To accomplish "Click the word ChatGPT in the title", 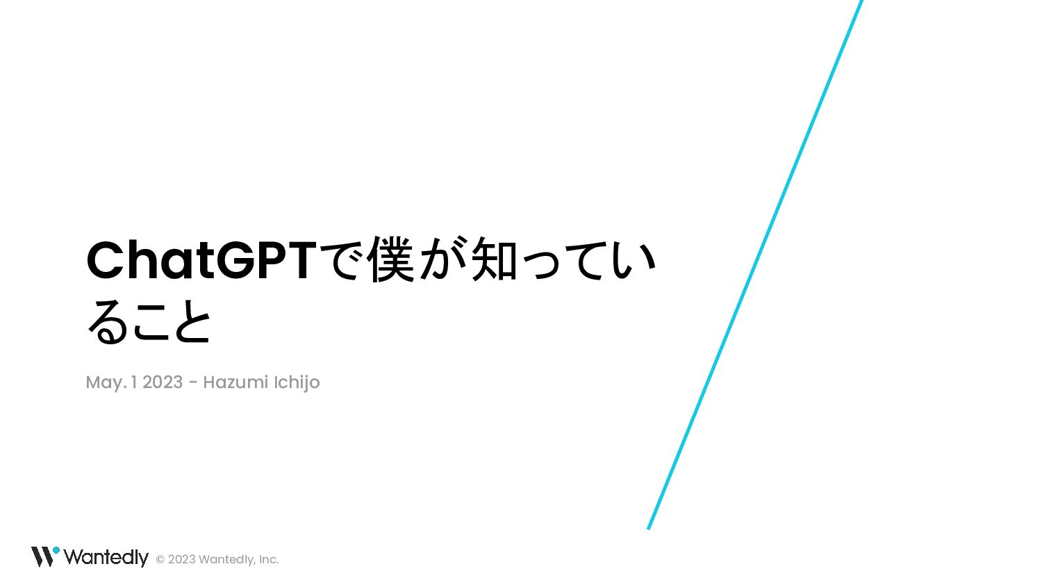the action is [201, 261].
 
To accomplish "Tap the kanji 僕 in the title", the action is [390, 259].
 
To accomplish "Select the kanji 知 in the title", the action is [495, 259].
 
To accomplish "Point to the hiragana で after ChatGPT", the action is [344, 260].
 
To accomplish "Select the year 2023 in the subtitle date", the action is [163, 383].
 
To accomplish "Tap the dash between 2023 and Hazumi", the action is [193, 384].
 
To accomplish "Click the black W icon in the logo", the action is [42, 556].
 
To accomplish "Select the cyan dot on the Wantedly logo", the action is [56, 550].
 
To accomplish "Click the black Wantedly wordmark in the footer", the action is [106, 557].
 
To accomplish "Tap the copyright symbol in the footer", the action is [160, 559].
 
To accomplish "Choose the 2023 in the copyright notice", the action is [182, 559].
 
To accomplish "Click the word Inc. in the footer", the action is [269, 559].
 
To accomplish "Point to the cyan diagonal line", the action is [755, 264].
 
